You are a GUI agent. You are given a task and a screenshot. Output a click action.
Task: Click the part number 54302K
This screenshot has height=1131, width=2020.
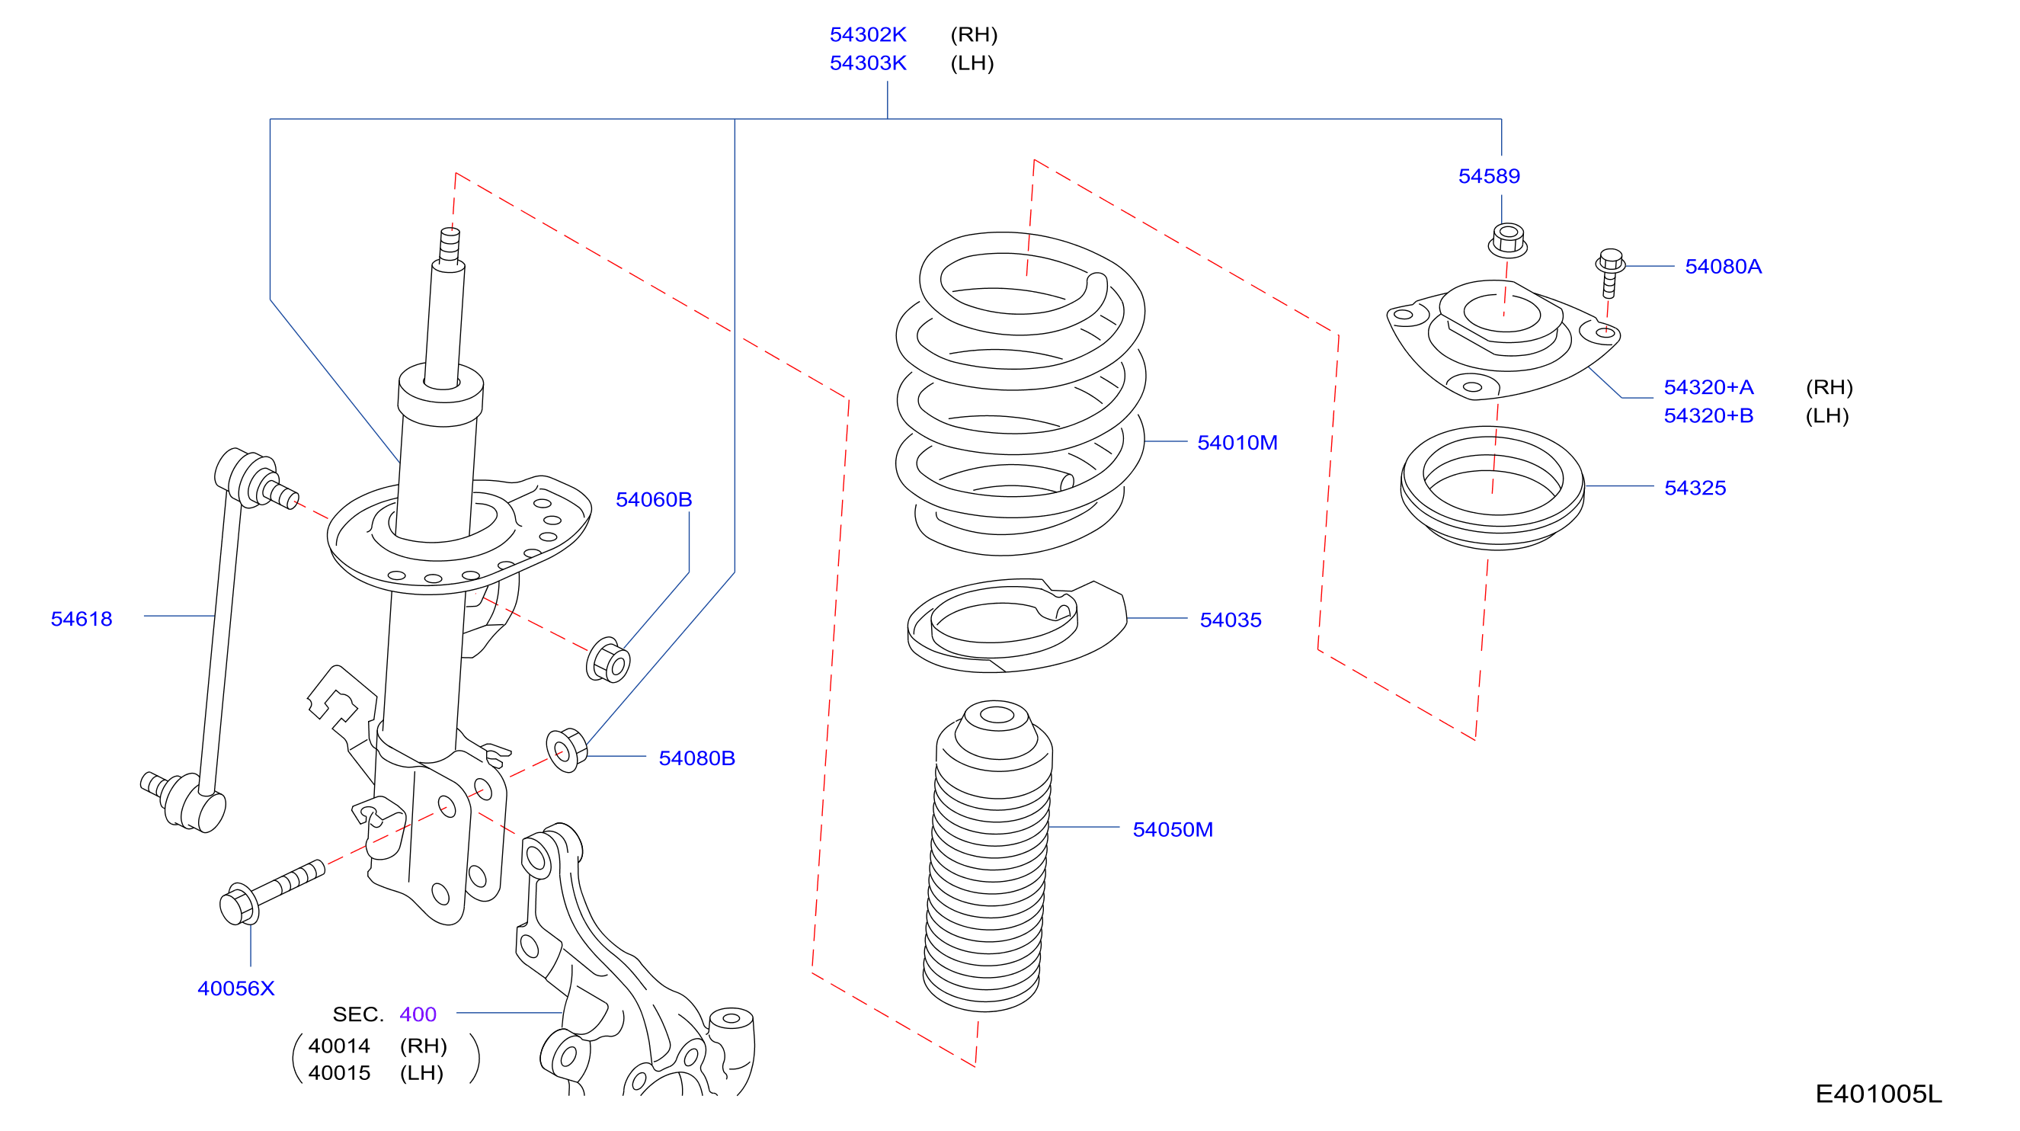pyautogui.click(x=867, y=34)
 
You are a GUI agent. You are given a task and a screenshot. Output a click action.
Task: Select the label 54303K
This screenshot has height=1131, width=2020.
pyautogui.click(x=867, y=62)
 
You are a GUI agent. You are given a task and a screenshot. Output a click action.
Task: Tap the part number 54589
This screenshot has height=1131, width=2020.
pyautogui.click(x=1488, y=176)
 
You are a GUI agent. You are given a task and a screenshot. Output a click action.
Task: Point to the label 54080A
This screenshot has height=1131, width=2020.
pyautogui.click(x=1723, y=267)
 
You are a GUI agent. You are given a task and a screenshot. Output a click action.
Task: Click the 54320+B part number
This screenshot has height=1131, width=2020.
pyautogui.click(x=1708, y=415)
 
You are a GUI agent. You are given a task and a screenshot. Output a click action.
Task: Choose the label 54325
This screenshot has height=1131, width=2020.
pyautogui.click(x=1695, y=488)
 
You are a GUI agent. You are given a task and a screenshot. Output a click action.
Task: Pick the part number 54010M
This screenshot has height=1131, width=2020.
pyautogui.click(x=1237, y=442)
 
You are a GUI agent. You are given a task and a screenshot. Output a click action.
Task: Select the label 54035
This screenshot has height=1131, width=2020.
pyautogui.click(x=1231, y=620)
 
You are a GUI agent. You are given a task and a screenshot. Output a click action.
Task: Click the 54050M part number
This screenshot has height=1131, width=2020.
pyautogui.click(x=1173, y=829)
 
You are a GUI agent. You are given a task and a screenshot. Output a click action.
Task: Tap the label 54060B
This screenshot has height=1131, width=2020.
pyautogui.click(x=653, y=500)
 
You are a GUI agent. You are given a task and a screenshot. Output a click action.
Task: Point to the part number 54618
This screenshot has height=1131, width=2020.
pyautogui.click(x=82, y=619)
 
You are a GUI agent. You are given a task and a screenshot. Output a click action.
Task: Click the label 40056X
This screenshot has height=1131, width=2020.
pyautogui.click(x=236, y=988)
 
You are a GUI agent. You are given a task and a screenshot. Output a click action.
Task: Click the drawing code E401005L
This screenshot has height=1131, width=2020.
pyautogui.click(x=1878, y=1094)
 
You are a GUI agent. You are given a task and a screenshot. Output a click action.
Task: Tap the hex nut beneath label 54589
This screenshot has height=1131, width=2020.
pyautogui.click(x=1507, y=240)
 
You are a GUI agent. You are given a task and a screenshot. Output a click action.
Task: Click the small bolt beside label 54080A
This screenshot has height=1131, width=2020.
pyautogui.click(x=1609, y=273)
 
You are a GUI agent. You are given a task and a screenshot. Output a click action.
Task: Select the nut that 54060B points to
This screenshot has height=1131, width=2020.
pyautogui.click(x=608, y=661)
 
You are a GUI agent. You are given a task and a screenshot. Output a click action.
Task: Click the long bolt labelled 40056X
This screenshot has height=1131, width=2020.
pyautogui.click(x=271, y=892)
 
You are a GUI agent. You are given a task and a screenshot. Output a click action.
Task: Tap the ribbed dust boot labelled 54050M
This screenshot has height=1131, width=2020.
pyautogui.click(x=988, y=856)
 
